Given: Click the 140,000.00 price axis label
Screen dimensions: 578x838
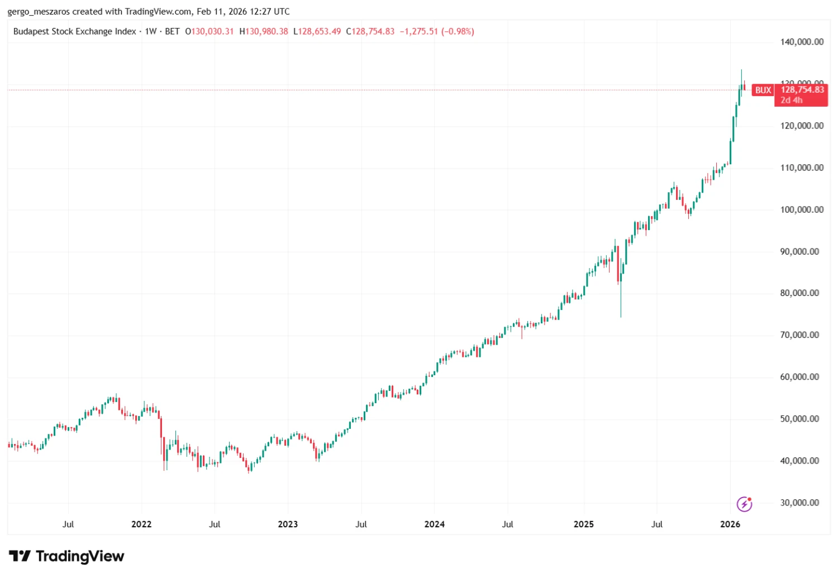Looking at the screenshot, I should (x=802, y=42).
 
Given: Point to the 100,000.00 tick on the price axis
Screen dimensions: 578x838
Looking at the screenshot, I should (x=802, y=209).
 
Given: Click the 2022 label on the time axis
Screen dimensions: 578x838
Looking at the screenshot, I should (x=141, y=524).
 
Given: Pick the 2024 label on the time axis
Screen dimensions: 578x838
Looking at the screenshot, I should (x=434, y=524).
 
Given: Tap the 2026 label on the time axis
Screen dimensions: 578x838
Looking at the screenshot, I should (x=730, y=524).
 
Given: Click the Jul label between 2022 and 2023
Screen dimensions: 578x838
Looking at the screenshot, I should (x=215, y=524).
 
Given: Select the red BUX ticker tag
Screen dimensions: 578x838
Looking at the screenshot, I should (x=763, y=90).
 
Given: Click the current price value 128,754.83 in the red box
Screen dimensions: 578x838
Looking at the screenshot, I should (x=802, y=89).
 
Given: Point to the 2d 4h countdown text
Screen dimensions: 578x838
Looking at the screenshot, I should (x=792, y=100).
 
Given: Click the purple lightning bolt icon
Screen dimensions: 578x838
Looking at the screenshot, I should (x=744, y=504).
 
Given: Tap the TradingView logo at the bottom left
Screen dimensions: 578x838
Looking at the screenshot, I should (x=67, y=556).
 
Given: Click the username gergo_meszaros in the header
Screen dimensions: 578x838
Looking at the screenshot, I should (x=39, y=12).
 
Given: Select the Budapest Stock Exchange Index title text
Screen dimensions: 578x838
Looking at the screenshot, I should (x=75, y=31).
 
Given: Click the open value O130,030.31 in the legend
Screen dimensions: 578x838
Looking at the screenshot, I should (x=209, y=31).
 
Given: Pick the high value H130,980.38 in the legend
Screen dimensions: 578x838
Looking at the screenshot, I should (x=264, y=31).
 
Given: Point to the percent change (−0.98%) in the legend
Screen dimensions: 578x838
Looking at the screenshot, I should (x=458, y=31).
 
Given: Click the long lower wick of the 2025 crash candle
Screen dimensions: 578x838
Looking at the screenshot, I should (x=621, y=302).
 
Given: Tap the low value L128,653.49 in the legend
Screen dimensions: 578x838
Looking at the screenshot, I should (x=317, y=31).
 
